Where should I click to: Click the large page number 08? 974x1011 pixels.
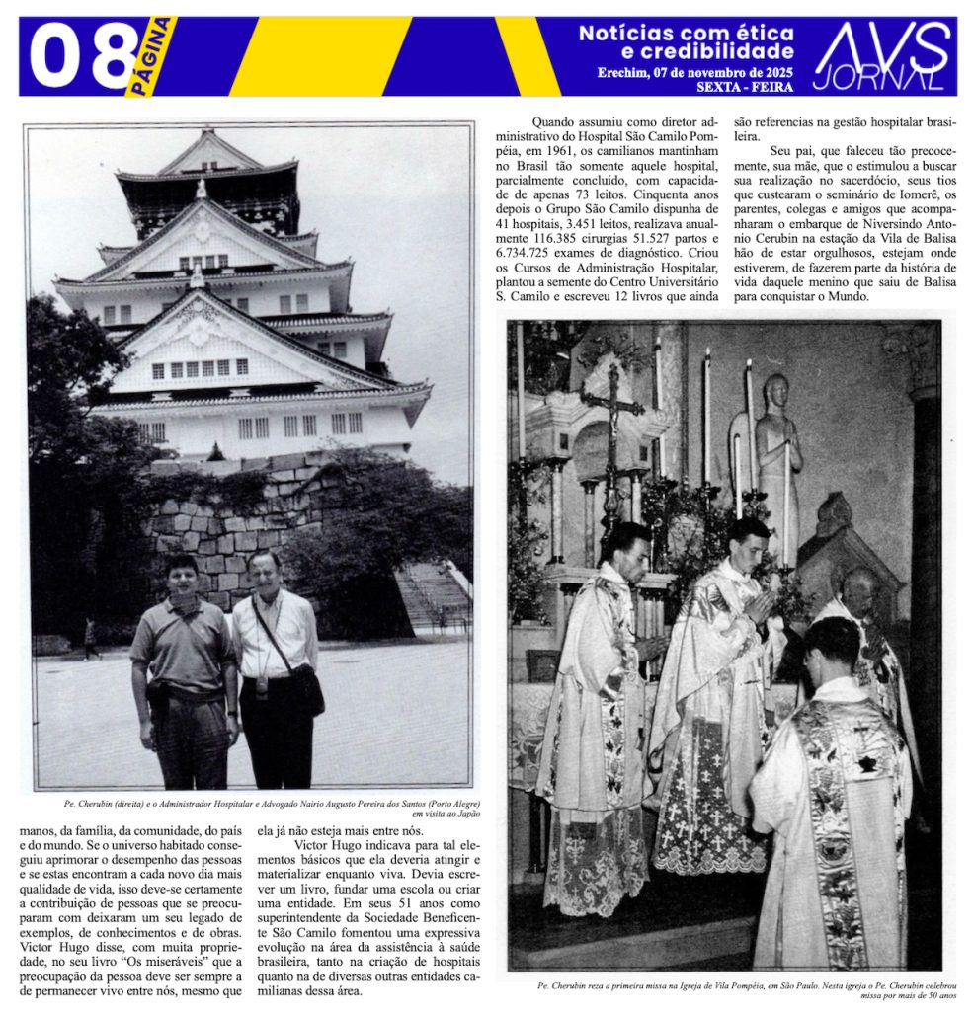(x=84, y=56)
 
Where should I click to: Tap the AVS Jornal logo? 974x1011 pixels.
(x=882, y=56)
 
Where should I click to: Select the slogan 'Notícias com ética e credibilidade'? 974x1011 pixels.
(x=687, y=42)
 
